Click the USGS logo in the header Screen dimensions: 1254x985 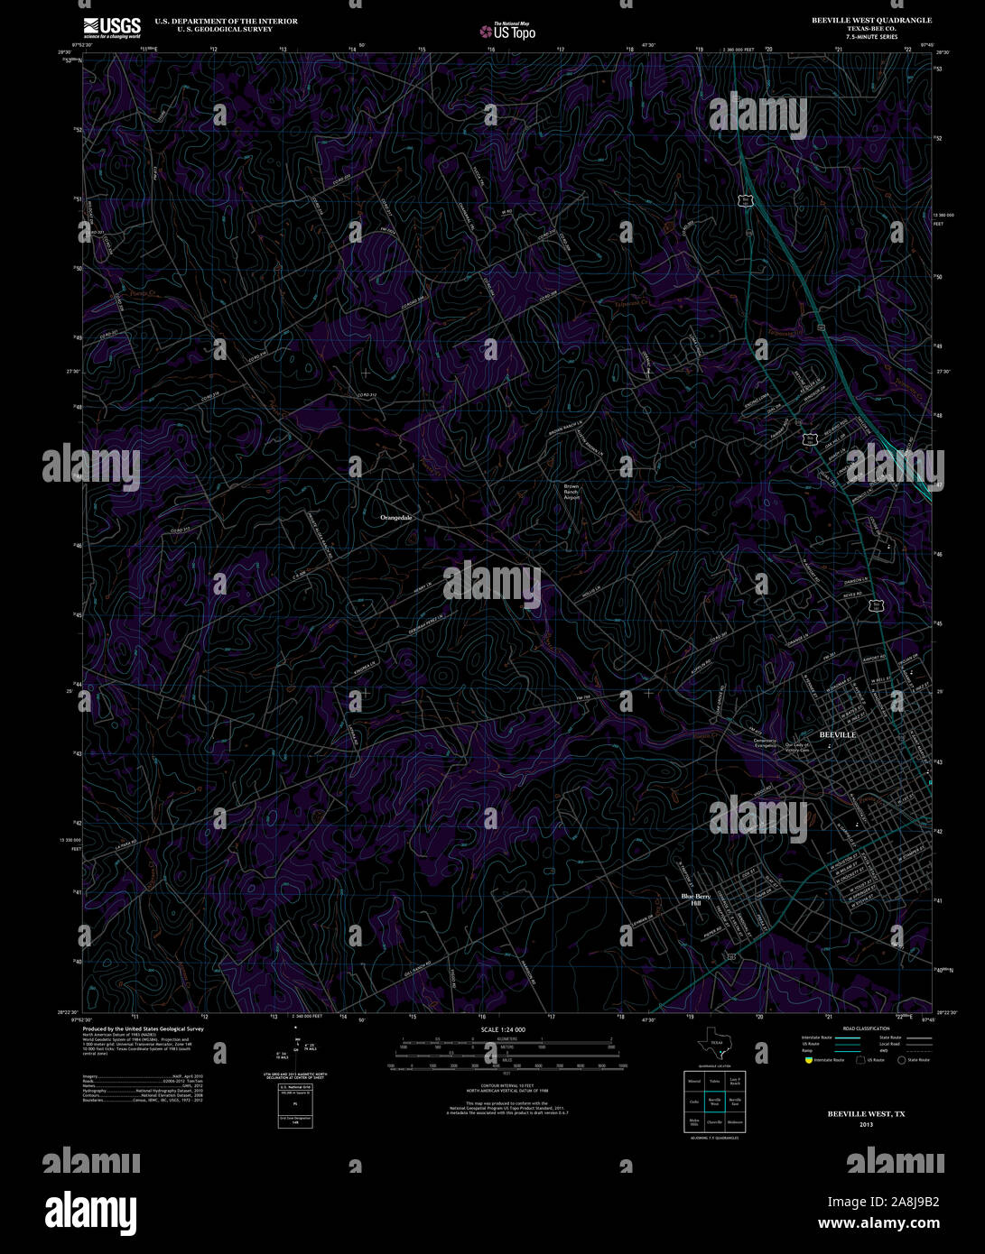pos(112,28)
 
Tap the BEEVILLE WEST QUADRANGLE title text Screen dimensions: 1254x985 pos(860,20)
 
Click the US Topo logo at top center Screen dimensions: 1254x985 pos(506,31)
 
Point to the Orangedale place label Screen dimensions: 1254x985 pos(395,518)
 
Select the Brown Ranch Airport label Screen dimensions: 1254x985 pos(571,492)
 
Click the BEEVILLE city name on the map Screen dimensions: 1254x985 pos(837,735)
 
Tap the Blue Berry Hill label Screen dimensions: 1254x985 pos(696,899)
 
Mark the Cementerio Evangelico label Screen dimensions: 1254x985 pos(765,744)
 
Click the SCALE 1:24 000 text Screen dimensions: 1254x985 pos(503,1029)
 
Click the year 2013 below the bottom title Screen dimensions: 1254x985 pos(866,1125)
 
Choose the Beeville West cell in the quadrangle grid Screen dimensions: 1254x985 pos(714,1101)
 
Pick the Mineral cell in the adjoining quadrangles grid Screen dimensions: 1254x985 pos(694,1080)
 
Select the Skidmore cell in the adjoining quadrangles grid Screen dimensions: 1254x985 pos(735,1122)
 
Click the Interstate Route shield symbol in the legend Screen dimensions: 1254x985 pos(808,1060)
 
